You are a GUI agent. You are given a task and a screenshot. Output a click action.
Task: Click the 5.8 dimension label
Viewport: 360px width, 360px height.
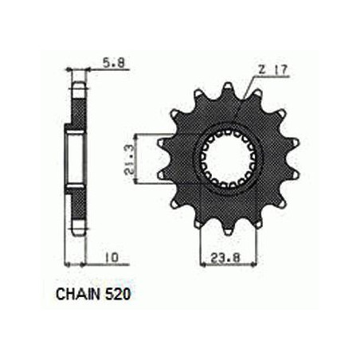(114, 63)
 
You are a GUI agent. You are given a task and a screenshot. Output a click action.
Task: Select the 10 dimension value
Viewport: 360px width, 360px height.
(112, 257)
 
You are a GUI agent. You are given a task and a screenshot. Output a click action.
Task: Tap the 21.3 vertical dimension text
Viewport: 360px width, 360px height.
(129, 159)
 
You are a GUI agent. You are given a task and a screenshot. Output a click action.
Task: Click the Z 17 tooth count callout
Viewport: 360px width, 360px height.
(272, 70)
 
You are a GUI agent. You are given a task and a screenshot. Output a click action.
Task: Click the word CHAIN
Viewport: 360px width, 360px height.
(78, 294)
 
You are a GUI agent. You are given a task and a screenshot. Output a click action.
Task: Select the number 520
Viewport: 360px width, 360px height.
(118, 294)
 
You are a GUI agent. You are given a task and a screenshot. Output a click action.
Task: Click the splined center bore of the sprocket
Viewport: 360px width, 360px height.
(228, 158)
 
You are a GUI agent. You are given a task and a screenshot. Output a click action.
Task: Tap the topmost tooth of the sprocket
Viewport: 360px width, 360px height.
(228, 88)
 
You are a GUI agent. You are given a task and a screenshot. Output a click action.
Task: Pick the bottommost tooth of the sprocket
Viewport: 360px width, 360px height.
(228, 229)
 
